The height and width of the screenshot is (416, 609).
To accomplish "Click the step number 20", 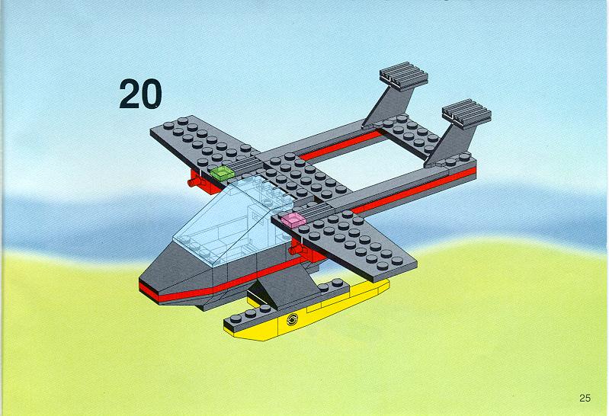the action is pos(140,94).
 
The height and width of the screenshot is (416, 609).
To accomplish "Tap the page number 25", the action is pos(585,398).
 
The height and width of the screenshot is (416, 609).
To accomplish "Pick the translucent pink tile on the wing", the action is pos(293,219).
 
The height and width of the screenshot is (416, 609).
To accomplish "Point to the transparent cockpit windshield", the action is pos(229,222).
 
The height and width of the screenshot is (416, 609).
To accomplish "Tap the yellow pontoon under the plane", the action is pos(307,311).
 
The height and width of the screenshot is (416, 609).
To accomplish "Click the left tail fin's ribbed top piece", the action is pos(404,76).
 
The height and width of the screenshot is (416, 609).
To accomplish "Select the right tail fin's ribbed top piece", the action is pos(466,114).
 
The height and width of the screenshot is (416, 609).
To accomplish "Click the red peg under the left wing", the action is pos(196,182).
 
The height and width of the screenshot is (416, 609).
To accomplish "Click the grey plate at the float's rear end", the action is pos(333,286).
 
